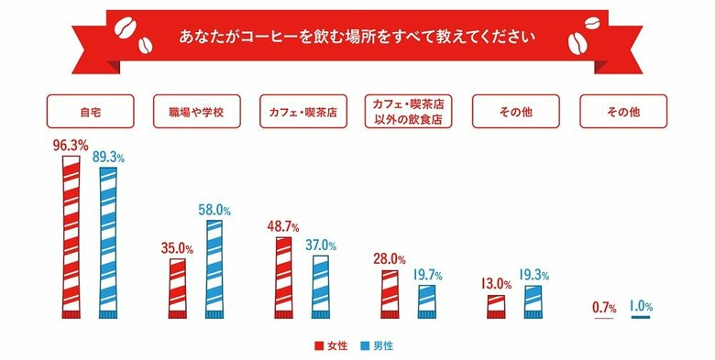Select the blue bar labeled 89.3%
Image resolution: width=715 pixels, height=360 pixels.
click(107, 243)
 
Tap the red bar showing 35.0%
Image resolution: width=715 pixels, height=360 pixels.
click(177, 289)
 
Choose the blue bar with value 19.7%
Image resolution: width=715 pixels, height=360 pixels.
click(425, 301)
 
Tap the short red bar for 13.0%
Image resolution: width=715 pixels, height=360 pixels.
click(496, 307)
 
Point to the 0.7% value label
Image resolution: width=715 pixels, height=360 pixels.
click(604, 306)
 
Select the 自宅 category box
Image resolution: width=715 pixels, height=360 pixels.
click(91, 112)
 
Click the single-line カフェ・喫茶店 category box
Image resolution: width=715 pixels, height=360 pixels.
click(303, 112)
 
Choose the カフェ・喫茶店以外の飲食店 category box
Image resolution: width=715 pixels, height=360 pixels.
click(410, 112)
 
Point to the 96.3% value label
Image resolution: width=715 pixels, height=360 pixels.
click(70, 145)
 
